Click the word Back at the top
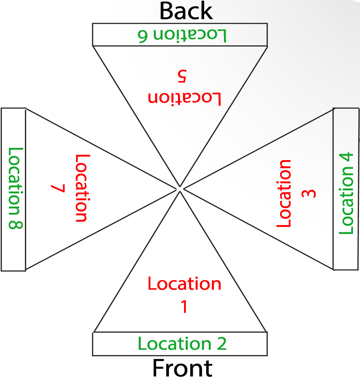pyautogui.click(x=186, y=11)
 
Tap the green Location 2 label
pyautogui.click(x=182, y=344)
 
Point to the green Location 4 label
pyautogui.click(x=347, y=193)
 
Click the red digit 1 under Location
pyautogui.click(x=184, y=306)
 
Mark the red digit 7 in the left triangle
pyautogui.click(x=57, y=188)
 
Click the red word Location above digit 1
pyautogui.click(x=184, y=284)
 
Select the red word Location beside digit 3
pyautogui.click(x=284, y=193)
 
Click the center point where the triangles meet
pyautogui.click(x=180, y=189)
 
